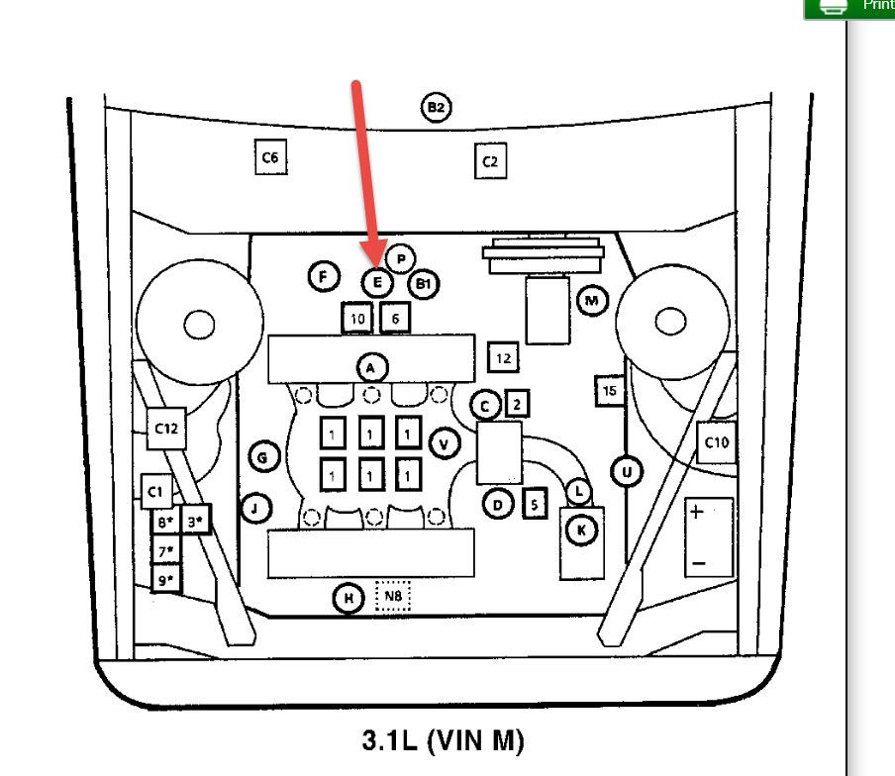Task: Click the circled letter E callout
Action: coord(376,283)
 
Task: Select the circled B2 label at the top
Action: coord(436,107)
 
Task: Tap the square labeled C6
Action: coord(270,157)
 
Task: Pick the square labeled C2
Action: coord(490,161)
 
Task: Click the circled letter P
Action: coord(400,259)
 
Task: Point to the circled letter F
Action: coord(323,276)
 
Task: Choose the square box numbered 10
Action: coord(357,319)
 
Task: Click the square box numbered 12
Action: coord(504,358)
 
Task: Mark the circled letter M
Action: coord(592,300)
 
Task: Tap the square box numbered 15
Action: coord(610,391)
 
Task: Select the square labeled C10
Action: coord(717,442)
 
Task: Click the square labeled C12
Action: coord(165,429)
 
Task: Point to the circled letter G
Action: coord(263,457)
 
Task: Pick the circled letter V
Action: coord(444,444)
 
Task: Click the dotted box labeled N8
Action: coord(393,597)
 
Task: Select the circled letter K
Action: coord(581,531)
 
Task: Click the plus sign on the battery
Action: coord(697,512)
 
